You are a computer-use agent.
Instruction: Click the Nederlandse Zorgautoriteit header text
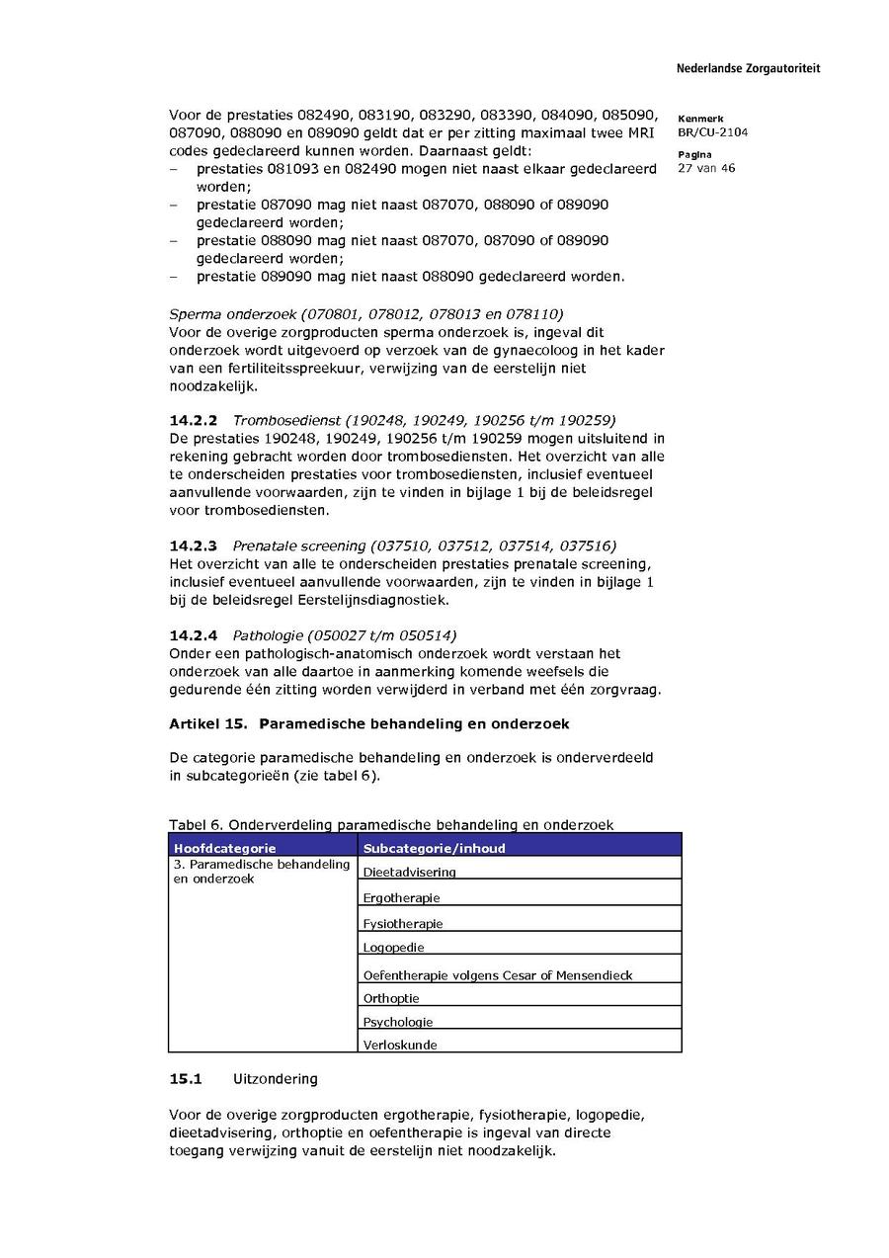click(748, 69)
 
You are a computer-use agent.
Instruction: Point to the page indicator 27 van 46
click(706, 168)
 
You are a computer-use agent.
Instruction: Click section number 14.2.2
click(193, 421)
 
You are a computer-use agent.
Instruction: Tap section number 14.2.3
click(193, 545)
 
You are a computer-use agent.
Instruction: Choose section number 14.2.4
click(193, 634)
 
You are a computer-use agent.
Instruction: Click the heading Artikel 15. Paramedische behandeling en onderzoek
click(368, 723)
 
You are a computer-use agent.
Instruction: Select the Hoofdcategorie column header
click(224, 848)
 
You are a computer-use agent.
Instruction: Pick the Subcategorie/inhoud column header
click(434, 848)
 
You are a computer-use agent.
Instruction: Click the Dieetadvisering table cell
click(409, 872)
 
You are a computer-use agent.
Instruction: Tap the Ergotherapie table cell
click(401, 897)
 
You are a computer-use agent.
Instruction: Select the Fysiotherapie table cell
click(403, 923)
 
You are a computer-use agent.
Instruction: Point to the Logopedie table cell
click(393, 947)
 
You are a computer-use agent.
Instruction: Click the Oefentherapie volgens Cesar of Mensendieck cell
click(497, 974)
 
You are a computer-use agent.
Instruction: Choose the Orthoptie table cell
click(391, 998)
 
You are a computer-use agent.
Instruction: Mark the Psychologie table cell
click(398, 1022)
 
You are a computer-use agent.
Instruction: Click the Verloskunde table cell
click(400, 1045)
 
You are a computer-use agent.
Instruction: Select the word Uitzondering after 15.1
click(275, 1078)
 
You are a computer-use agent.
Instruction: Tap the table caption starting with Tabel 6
click(391, 824)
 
